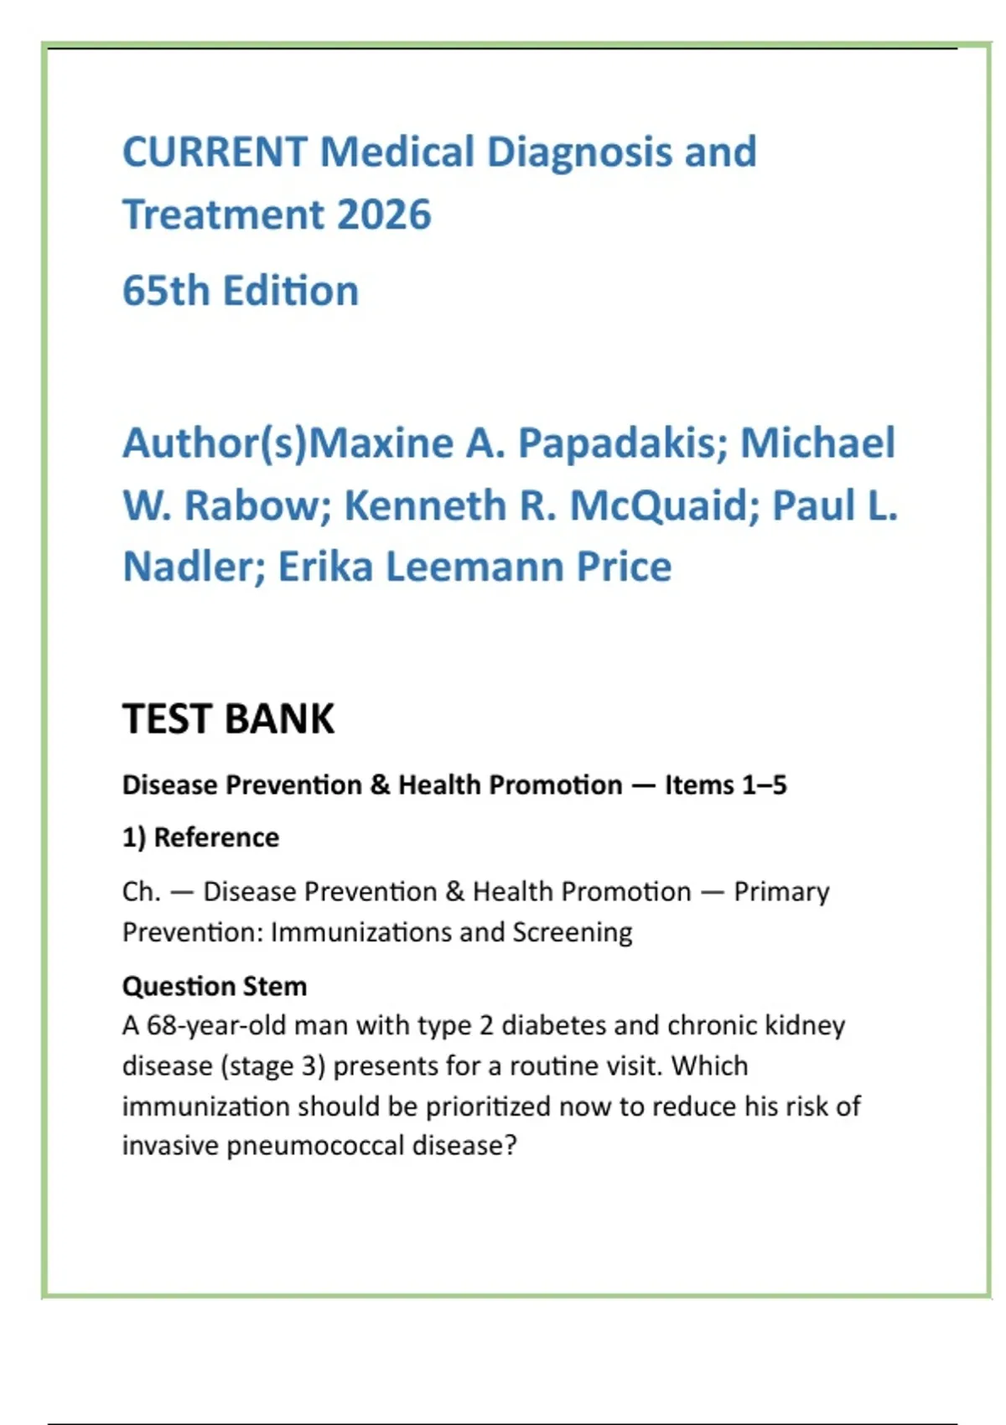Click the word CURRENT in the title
click(x=215, y=153)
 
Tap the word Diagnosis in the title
click(x=578, y=153)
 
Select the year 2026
click(x=383, y=215)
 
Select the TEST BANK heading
click(x=228, y=719)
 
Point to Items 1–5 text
click(x=725, y=785)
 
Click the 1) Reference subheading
click(x=200, y=837)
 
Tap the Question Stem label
click(x=215, y=986)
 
